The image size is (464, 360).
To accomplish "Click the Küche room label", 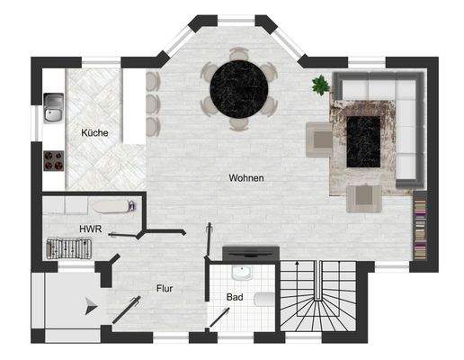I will (94, 133).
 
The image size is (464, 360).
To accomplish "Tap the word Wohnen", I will (245, 178).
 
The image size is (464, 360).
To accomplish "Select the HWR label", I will (90, 229).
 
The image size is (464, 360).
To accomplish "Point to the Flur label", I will (163, 289).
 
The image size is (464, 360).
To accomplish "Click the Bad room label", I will (234, 295).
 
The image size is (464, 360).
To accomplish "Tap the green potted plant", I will (320, 85).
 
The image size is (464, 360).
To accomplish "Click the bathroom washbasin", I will (240, 271).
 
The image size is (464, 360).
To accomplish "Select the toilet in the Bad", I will (263, 298).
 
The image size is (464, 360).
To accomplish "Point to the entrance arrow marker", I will (89, 306).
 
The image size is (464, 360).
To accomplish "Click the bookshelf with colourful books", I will (419, 225).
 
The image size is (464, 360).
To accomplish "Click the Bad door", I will (219, 318).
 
